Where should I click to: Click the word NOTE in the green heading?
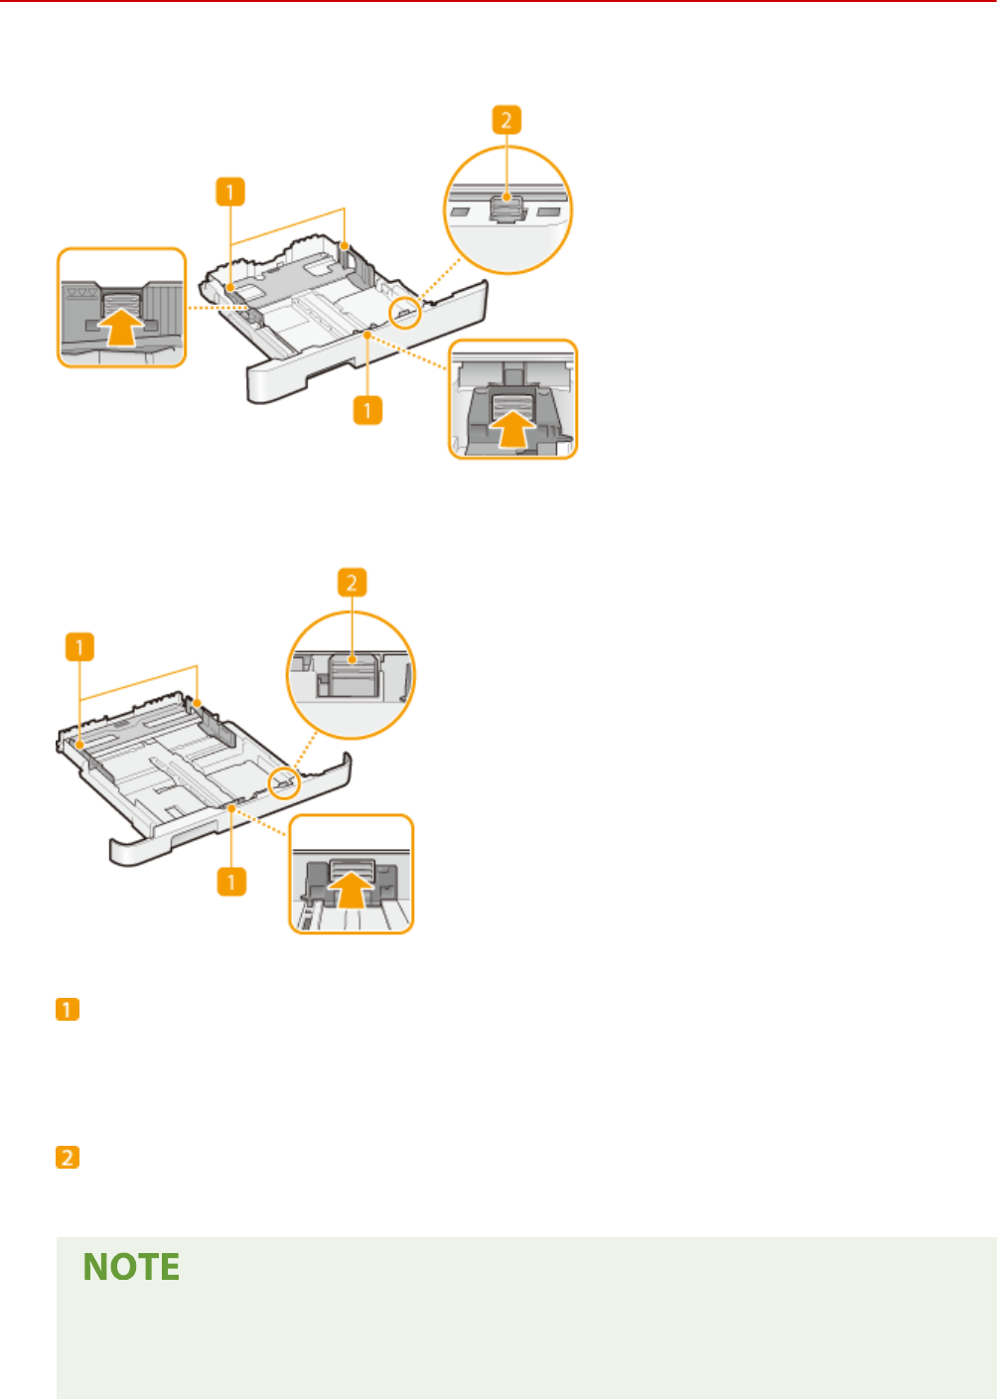tap(131, 1268)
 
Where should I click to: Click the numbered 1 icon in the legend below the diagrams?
tap(67, 1010)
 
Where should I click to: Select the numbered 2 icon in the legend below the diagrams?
tap(67, 1158)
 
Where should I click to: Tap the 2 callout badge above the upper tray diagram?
tap(505, 120)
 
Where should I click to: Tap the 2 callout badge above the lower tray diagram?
tap(352, 583)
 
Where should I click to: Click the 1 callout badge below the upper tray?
tap(367, 409)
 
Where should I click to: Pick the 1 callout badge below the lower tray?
tap(231, 881)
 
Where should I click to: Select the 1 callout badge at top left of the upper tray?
tap(229, 192)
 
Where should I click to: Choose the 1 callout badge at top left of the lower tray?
tap(79, 648)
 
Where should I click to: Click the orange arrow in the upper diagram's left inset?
tap(120, 327)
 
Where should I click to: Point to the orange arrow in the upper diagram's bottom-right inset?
tap(512, 430)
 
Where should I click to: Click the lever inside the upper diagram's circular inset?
tap(506, 210)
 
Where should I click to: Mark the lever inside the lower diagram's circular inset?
tap(349, 674)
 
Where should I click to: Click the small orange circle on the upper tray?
tap(406, 314)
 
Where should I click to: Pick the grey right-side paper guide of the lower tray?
tap(216, 730)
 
